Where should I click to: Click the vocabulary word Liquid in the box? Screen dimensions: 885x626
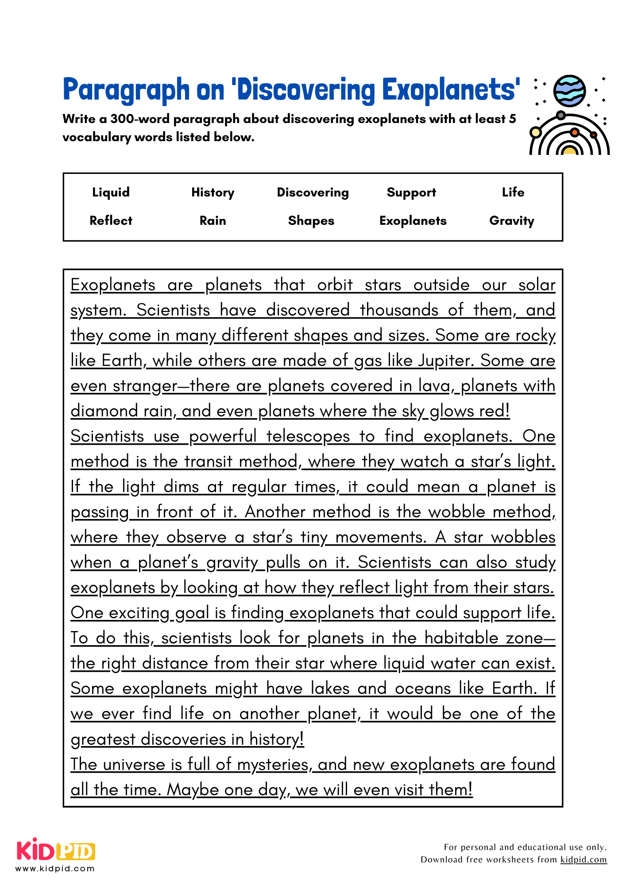(x=111, y=192)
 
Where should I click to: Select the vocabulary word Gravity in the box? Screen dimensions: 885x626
(x=512, y=221)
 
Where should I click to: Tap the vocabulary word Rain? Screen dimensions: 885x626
(x=213, y=221)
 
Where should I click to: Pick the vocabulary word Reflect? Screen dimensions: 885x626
(x=111, y=221)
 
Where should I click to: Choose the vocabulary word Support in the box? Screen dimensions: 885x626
(x=411, y=192)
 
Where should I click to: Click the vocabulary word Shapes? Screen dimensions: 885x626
(x=311, y=221)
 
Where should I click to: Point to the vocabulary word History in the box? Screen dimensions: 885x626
(x=213, y=192)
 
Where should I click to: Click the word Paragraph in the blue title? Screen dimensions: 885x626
(x=126, y=90)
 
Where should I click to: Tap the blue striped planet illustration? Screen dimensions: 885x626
(x=570, y=91)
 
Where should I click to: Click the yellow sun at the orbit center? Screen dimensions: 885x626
(x=569, y=150)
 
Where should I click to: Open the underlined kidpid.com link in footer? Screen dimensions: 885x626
(x=583, y=860)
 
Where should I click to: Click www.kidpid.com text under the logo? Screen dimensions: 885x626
(x=55, y=869)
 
